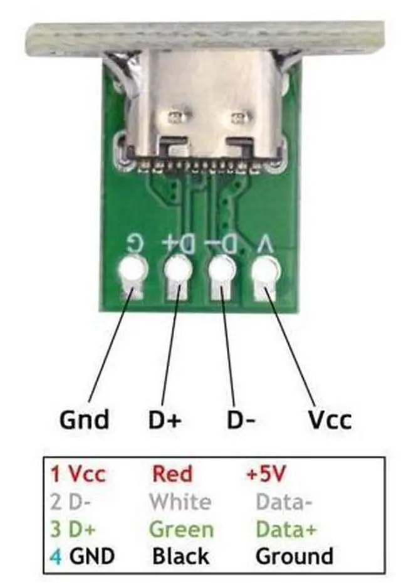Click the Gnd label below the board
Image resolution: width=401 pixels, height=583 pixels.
[x=84, y=420]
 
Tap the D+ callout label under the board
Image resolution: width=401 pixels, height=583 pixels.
[x=165, y=420]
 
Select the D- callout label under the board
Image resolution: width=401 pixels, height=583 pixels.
[x=241, y=420]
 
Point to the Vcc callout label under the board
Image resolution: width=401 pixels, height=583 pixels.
[x=330, y=420]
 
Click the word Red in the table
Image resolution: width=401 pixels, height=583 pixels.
[x=172, y=474]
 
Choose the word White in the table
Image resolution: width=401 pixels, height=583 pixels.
[x=180, y=502]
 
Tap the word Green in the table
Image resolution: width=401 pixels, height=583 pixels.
[x=181, y=529]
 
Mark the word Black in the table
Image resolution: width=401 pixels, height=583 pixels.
[x=180, y=556]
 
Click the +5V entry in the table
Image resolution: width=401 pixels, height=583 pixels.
[x=266, y=474]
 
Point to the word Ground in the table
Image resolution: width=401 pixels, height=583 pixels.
[x=294, y=556]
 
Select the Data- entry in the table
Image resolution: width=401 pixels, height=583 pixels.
[x=284, y=502]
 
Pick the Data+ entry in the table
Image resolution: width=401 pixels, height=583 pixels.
[x=286, y=529]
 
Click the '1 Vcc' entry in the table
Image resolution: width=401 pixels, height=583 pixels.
[x=78, y=474]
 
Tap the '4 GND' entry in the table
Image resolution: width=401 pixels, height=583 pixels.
[x=82, y=557]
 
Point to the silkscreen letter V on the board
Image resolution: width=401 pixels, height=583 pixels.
[x=266, y=245]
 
